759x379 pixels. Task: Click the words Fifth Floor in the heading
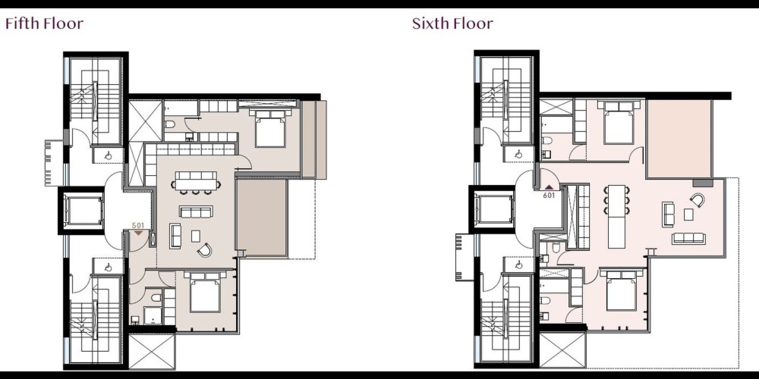(44, 23)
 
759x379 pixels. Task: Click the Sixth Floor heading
(452, 23)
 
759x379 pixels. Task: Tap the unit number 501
(138, 225)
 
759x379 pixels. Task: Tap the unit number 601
(549, 196)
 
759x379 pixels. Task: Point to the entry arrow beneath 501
(138, 233)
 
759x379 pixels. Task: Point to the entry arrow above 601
(549, 187)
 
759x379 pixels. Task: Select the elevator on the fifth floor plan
(83, 211)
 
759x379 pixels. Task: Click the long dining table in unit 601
(616, 216)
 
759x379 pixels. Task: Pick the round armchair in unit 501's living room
(204, 249)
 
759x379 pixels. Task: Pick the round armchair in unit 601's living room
(697, 199)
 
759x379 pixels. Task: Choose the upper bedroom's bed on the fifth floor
(270, 128)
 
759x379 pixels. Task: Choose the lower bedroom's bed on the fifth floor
(205, 292)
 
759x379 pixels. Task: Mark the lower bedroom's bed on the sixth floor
(621, 290)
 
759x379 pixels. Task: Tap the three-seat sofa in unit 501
(196, 211)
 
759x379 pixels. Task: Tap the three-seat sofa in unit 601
(689, 238)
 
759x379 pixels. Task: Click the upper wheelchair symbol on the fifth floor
(109, 155)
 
